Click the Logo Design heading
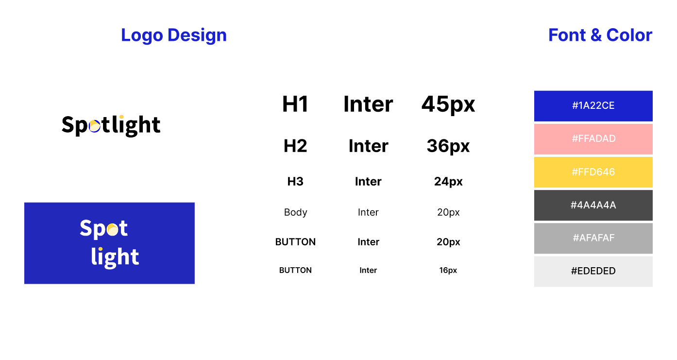click(x=174, y=35)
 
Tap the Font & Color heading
click(x=600, y=35)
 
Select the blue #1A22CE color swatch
click(x=593, y=106)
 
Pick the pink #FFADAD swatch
click(x=593, y=139)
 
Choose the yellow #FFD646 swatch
click(x=593, y=172)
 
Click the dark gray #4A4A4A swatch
click(x=593, y=205)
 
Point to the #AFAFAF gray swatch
click(x=593, y=238)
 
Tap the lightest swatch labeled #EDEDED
click(x=593, y=272)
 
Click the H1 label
click(x=295, y=104)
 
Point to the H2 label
click(x=295, y=146)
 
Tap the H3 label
click(x=295, y=181)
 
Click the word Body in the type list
click(x=296, y=212)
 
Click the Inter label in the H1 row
click(x=368, y=104)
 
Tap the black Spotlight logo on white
click(x=111, y=125)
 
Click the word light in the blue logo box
click(x=115, y=257)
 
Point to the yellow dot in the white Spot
click(x=113, y=230)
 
